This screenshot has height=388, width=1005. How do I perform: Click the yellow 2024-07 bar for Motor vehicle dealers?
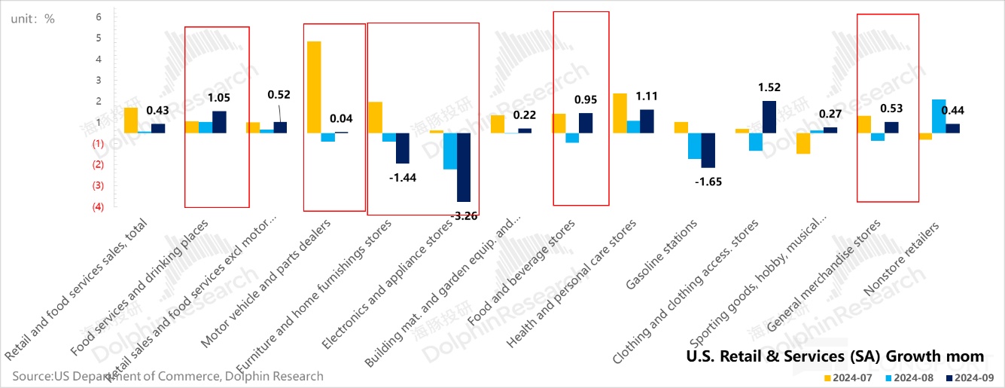point(314,87)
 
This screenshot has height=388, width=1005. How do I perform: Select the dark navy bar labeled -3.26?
point(464,167)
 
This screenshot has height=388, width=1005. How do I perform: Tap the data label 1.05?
point(219,97)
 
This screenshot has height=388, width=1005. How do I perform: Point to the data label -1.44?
point(403,178)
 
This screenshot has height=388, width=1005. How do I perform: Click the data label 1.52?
point(769,87)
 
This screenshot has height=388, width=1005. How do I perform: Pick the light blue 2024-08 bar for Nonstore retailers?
point(939,116)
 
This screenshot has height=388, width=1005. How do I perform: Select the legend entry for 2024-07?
point(849,377)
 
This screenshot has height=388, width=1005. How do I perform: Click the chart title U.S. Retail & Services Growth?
point(835,356)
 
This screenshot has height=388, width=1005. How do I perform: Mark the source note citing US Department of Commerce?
point(167,376)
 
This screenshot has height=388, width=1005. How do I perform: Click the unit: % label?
point(32,19)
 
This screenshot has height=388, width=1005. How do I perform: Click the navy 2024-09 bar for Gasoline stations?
point(708,150)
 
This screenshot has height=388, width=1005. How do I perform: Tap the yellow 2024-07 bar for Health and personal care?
point(620,113)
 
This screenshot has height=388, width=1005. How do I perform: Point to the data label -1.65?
point(709,182)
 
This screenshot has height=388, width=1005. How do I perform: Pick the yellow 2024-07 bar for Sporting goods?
point(803,143)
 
